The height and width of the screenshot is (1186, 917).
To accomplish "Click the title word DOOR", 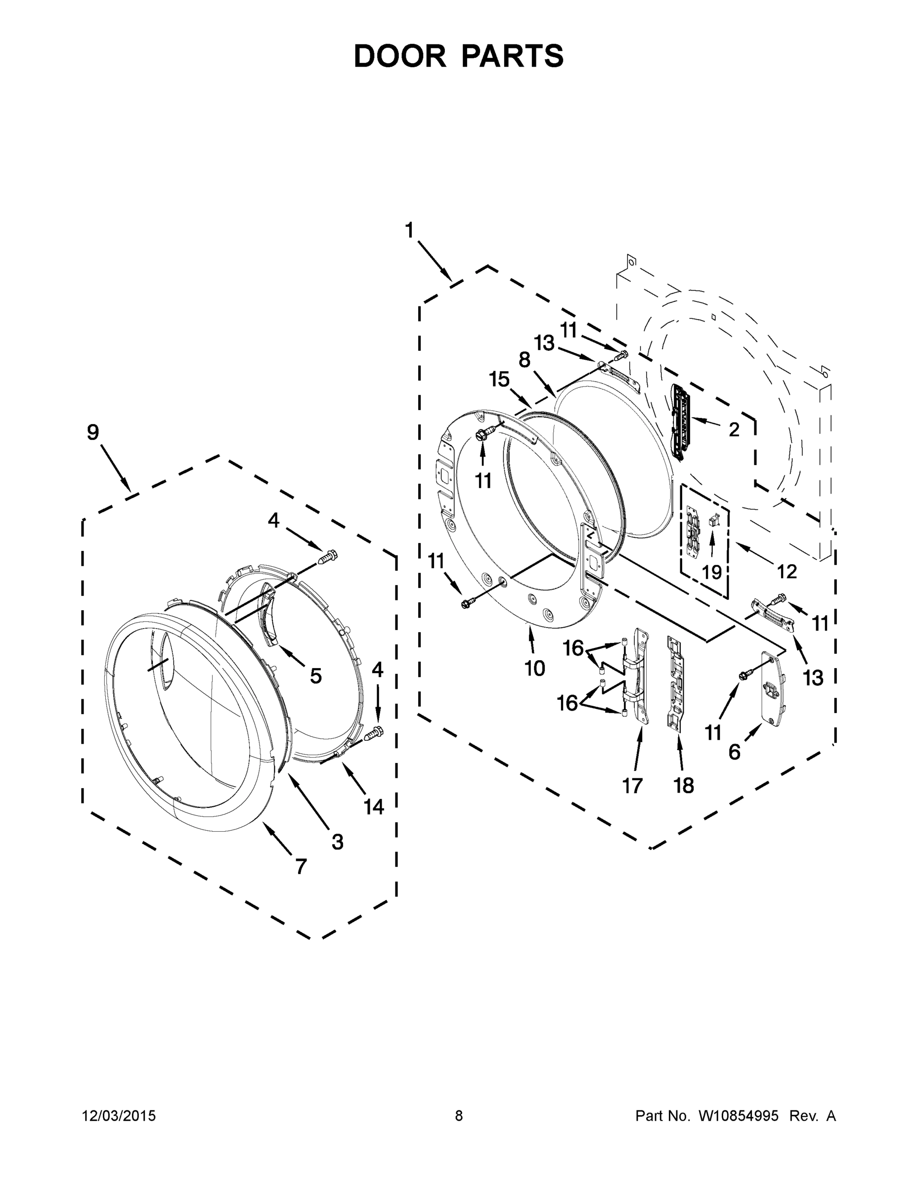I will tap(400, 56).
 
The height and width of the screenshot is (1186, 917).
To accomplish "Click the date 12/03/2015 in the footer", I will tap(119, 1115).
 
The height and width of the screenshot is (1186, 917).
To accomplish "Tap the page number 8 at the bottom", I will tap(459, 1115).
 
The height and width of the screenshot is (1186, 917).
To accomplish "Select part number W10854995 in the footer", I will tap(738, 1115).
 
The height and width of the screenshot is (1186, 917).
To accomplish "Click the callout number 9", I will tap(93, 432).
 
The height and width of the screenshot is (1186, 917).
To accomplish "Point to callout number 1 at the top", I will tap(409, 230).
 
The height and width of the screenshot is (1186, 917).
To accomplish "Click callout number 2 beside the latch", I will tap(734, 429).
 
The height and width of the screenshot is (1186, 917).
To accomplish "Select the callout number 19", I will tap(712, 572).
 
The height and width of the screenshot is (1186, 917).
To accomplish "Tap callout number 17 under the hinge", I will tap(632, 785).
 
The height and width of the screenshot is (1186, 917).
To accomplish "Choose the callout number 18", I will tap(683, 785).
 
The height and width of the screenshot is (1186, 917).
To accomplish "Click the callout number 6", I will tap(734, 752).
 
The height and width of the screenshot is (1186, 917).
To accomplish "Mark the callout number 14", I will tap(374, 807).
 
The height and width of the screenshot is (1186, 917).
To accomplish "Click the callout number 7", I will tap(301, 866).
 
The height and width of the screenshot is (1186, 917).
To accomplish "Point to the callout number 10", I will tap(534, 669).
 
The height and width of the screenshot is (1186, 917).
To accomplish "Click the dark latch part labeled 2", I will tap(679, 422).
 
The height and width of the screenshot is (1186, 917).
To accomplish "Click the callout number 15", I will tap(499, 379).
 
